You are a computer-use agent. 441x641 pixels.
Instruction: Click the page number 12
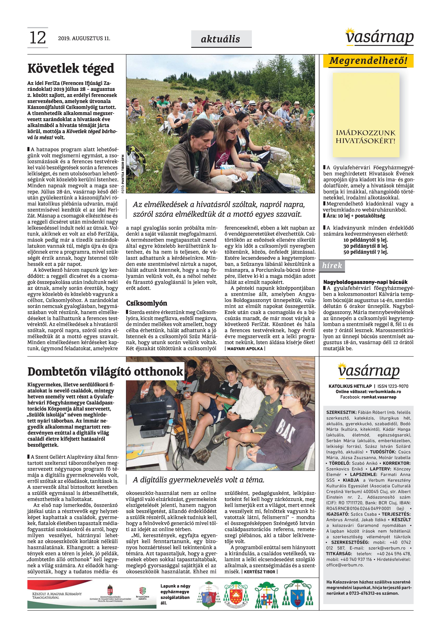38,38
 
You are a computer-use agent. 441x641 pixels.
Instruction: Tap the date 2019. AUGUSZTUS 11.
84,39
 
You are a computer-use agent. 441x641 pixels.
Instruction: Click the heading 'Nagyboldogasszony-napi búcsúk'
365,282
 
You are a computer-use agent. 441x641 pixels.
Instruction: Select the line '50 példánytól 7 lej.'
365,252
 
